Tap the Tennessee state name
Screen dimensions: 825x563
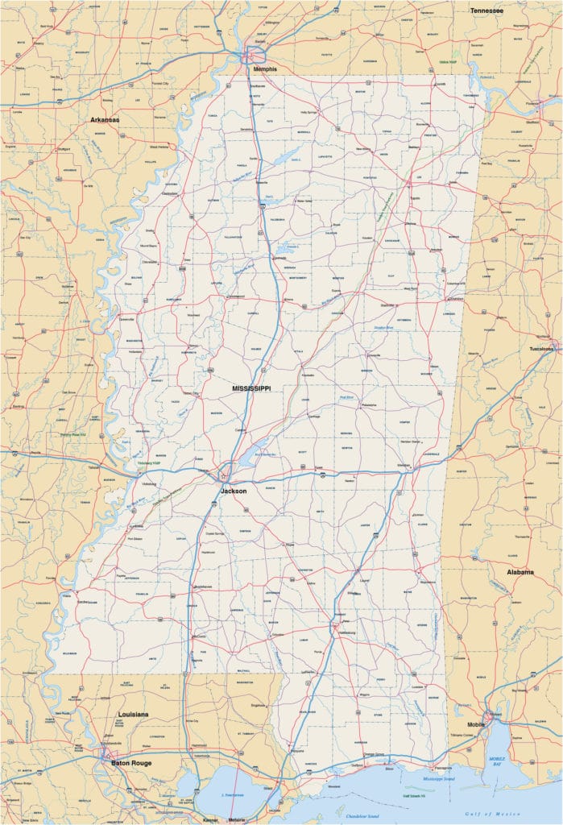click(486, 10)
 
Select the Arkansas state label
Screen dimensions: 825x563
click(105, 119)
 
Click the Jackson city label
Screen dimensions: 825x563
click(234, 490)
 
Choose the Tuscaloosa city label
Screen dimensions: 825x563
click(541, 349)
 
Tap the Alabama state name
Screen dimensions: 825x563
click(520, 572)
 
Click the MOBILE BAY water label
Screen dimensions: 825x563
click(498, 761)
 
